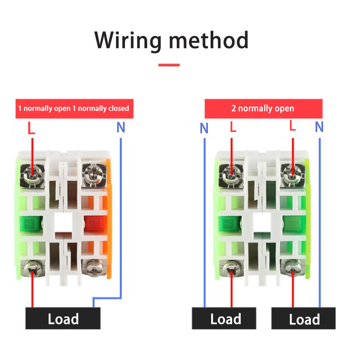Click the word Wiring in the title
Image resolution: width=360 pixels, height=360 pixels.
coord(128,40)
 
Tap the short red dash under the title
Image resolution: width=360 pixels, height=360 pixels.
coord(169,65)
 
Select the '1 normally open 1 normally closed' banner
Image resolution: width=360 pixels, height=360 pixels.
coord(74,108)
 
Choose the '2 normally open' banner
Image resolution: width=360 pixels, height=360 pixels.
coord(263,108)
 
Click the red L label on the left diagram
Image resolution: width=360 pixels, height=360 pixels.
coord(31,129)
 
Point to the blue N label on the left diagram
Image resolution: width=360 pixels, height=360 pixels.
coord(121,128)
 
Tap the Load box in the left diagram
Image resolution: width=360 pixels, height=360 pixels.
coord(63,319)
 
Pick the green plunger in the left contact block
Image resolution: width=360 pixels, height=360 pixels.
coord(31,222)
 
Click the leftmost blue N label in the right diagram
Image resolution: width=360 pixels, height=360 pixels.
coord(204,129)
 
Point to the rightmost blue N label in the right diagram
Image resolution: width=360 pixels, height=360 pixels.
coord(319,127)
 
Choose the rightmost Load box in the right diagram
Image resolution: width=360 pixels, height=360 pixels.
coord(304,319)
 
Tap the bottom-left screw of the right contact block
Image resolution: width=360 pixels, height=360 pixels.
coord(231,269)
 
